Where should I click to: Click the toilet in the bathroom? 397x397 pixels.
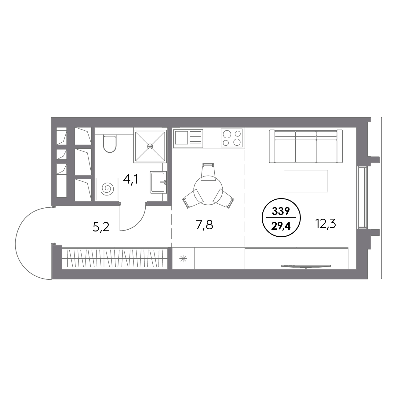(x=110, y=144)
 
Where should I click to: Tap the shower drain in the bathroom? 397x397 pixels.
(x=150, y=146)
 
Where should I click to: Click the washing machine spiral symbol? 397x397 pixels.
(x=107, y=189)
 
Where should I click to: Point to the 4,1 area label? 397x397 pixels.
(x=130, y=180)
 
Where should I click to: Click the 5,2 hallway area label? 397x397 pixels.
(x=101, y=227)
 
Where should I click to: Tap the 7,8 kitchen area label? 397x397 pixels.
(x=204, y=225)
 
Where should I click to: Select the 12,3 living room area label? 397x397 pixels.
(x=326, y=224)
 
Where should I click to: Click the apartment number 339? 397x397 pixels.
(x=281, y=211)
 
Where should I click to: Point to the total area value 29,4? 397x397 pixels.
(x=281, y=226)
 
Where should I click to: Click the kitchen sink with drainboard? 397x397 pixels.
(x=188, y=139)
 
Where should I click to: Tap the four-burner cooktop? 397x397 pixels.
(x=231, y=138)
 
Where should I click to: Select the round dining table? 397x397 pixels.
(x=208, y=190)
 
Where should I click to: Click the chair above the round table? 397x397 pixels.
(x=208, y=172)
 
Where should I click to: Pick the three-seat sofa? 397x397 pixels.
(x=306, y=146)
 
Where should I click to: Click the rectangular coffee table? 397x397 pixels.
(x=306, y=181)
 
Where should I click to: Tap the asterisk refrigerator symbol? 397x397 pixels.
(x=183, y=259)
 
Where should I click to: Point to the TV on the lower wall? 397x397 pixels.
(x=306, y=267)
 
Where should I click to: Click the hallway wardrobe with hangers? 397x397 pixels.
(x=115, y=258)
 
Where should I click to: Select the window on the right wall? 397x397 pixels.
(x=362, y=198)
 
